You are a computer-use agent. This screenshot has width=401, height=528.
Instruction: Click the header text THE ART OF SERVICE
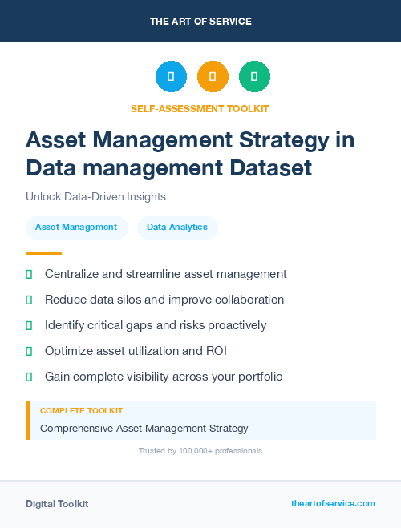point(200,22)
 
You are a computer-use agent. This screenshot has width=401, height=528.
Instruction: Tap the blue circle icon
point(171,77)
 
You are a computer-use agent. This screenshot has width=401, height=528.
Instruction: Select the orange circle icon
point(213,77)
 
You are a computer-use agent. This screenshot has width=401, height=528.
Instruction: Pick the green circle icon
point(254,77)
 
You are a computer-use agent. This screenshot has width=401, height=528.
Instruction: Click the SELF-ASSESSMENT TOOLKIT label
point(200,108)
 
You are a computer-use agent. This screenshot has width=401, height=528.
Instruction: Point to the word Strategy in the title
point(290,139)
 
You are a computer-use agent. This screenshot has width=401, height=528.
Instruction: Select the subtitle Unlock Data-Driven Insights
point(95,196)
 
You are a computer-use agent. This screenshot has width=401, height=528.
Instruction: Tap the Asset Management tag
point(76,228)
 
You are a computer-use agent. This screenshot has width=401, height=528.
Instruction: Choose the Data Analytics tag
point(177,228)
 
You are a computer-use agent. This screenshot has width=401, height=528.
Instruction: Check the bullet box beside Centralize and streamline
point(29,274)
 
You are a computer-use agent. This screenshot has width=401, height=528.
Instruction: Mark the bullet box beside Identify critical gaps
point(29,325)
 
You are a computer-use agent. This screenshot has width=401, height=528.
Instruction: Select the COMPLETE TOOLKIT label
point(81,411)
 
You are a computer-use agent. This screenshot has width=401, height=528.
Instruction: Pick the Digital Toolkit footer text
point(57,504)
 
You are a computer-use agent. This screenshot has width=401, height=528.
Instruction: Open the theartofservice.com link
point(333,503)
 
